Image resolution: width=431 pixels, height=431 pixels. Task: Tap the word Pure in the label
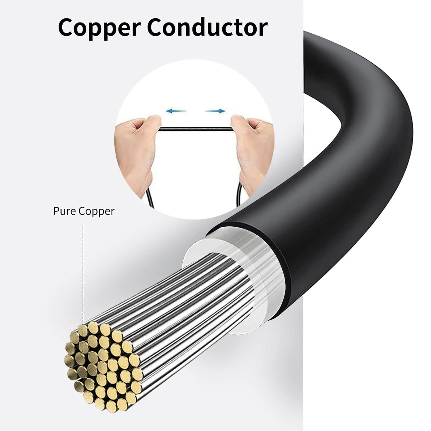tap(62, 211)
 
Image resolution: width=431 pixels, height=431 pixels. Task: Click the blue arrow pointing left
tap(176, 111)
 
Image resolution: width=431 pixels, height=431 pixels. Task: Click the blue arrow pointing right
tap(215, 111)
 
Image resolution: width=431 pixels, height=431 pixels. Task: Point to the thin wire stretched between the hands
tap(195, 129)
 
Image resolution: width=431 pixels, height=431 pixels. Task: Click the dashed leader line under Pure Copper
tap(83, 273)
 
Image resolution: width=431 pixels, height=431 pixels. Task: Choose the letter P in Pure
tap(56, 211)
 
